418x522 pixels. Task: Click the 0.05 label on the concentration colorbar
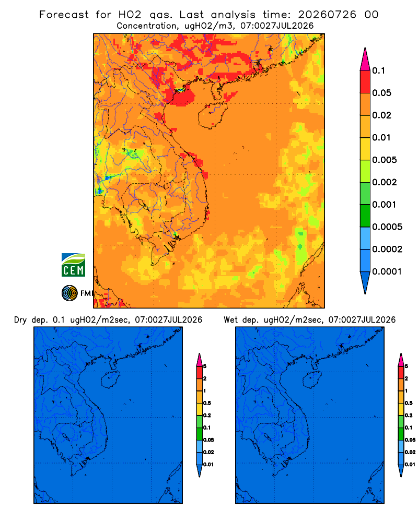[381, 93]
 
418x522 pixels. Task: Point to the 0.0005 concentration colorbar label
[387, 227]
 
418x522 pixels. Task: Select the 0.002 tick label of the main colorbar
[385, 182]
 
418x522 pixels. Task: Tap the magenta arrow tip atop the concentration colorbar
[365, 59]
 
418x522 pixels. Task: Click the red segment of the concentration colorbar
[365, 82]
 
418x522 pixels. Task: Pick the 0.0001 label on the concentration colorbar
[387, 271]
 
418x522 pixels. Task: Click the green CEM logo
[73, 265]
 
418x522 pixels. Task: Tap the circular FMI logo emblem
[69, 293]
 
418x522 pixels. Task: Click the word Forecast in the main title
[64, 15]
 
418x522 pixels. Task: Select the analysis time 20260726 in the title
[327, 15]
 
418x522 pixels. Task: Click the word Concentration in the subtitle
[147, 26]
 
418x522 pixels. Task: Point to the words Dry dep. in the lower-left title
[32, 320]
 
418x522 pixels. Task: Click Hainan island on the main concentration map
[212, 115]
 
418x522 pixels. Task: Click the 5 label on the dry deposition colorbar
[205, 366]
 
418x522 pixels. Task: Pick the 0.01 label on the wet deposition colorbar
[410, 465]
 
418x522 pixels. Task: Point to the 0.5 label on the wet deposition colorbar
[409, 403]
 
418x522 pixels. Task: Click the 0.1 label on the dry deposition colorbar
[207, 428]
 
